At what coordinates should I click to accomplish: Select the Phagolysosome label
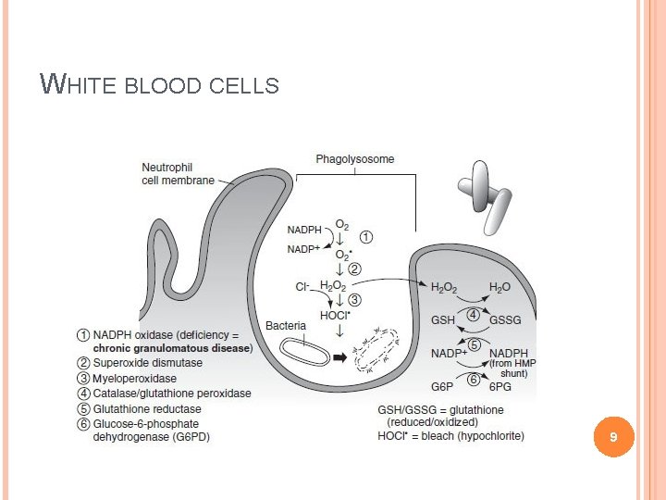tap(354, 159)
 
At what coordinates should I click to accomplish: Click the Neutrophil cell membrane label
tap(178, 174)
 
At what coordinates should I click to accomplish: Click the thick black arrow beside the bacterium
tap(340, 356)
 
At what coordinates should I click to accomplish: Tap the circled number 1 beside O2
tap(367, 237)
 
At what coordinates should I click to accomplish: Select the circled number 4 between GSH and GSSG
tap(473, 316)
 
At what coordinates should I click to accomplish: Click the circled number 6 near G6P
tap(473, 379)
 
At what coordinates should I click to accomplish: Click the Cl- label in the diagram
tap(302, 287)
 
